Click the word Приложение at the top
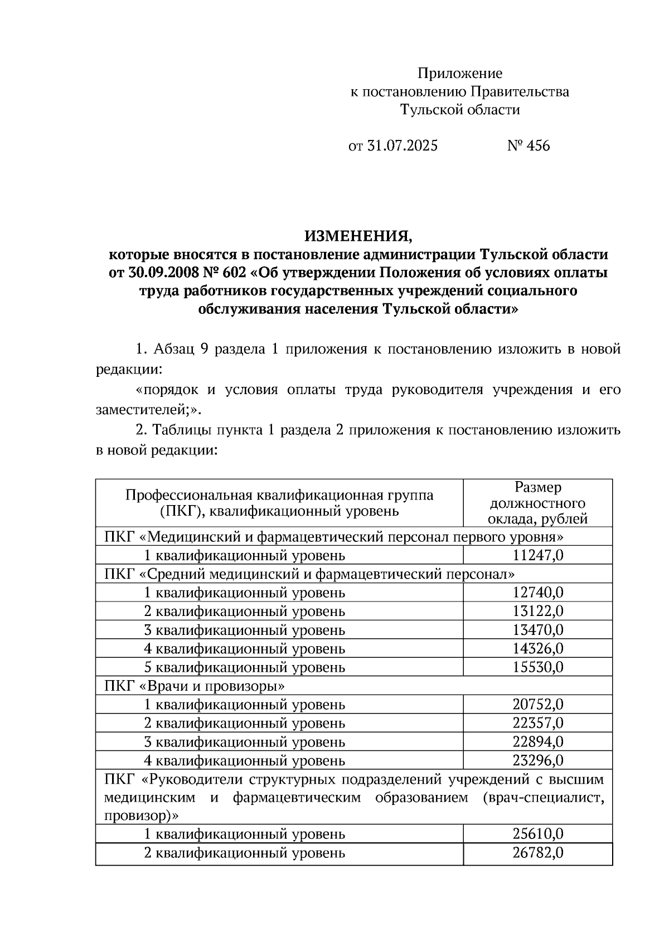point(460,74)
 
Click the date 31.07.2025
point(403,146)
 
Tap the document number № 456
point(528,146)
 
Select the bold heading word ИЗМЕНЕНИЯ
point(358,236)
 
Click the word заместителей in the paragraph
point(144,410)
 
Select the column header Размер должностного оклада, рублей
point(537,503)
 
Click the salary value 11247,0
point(537,556)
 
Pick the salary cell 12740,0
point(537,593)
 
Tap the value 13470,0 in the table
point(537,630)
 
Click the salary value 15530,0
point(537,667)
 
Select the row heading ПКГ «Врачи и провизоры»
point(195,686)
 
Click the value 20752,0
point(537,705)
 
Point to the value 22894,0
point(537,742)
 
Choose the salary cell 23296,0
point(537,761)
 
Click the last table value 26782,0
point(537,853)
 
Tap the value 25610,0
point(537,835)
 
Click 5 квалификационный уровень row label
point(244,668)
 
